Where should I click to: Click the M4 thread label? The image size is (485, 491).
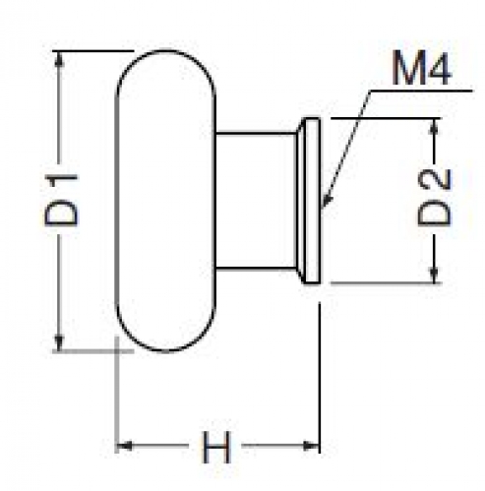coord(422,68)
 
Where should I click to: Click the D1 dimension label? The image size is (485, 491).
coord(62,200)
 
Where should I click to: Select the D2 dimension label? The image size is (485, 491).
coord(434,197)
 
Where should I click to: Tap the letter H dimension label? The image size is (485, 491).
coord(216,447)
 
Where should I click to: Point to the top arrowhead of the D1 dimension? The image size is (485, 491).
coord(59,59)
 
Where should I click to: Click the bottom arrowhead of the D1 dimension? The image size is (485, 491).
coord(59,342)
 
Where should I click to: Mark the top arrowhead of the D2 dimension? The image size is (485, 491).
coord(434,126)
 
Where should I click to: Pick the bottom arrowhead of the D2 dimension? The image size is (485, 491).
coord(434,275)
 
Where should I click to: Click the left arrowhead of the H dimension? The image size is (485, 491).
coord(125,446)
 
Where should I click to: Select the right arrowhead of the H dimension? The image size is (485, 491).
coord(311,446)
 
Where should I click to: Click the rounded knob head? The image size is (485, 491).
coord(166,201)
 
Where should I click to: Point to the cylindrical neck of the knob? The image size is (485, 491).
coord(257,201)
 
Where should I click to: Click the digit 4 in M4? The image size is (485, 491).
coord(437,68)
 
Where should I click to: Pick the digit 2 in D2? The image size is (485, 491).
coord(434,180)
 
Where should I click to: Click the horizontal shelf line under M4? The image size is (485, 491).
coord(421,91)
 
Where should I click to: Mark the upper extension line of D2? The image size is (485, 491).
coord(386,118)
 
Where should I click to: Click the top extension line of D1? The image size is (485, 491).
coord(93,51)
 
